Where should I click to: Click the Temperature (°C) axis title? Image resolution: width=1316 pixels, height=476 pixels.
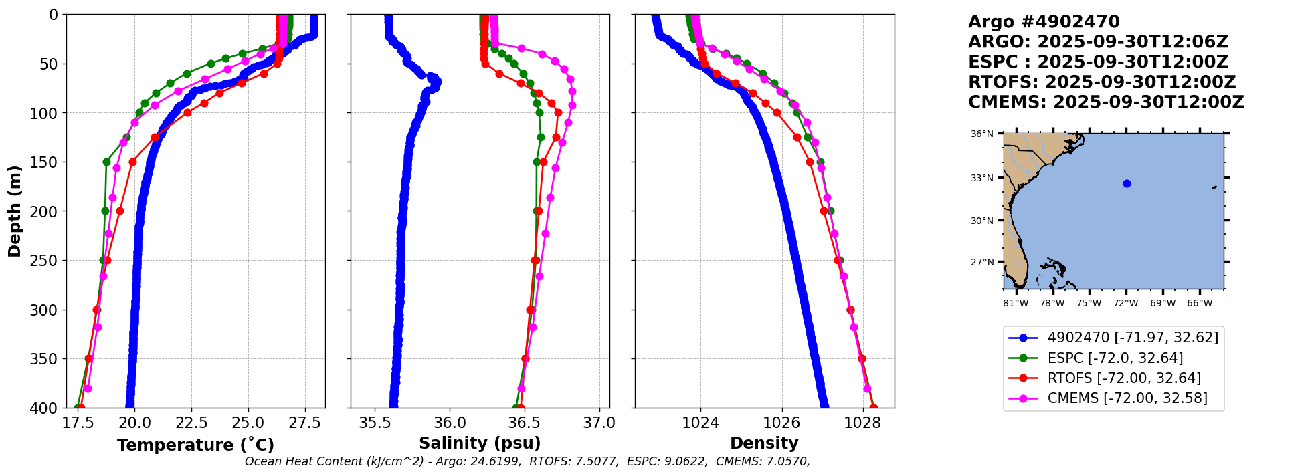click(x=195, y=445)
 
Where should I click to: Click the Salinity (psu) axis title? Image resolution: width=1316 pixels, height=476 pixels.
click(x=480, y=443)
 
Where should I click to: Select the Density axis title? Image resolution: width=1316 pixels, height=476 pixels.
click(x=764, y=443)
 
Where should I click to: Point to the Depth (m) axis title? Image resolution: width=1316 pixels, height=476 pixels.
click(x=14, y=211)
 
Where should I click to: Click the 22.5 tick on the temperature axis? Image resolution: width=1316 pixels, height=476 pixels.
click(x=191, y=423)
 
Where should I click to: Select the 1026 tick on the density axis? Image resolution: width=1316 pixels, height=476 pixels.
click(x=781, y=423)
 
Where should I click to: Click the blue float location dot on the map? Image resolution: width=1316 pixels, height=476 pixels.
click(x=1127, y=183)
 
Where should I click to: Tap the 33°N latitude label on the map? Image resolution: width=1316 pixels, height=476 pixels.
click(x=982, y=178)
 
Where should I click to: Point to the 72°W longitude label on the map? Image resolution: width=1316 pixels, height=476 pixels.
click(x=1126, y=303)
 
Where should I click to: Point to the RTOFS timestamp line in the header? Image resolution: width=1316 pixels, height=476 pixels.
click(x=1102, y=82)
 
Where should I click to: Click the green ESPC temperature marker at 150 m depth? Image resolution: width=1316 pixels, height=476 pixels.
click(x=106, y=162)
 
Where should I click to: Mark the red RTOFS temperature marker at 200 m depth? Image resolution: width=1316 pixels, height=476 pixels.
click(x=120, y=211)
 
